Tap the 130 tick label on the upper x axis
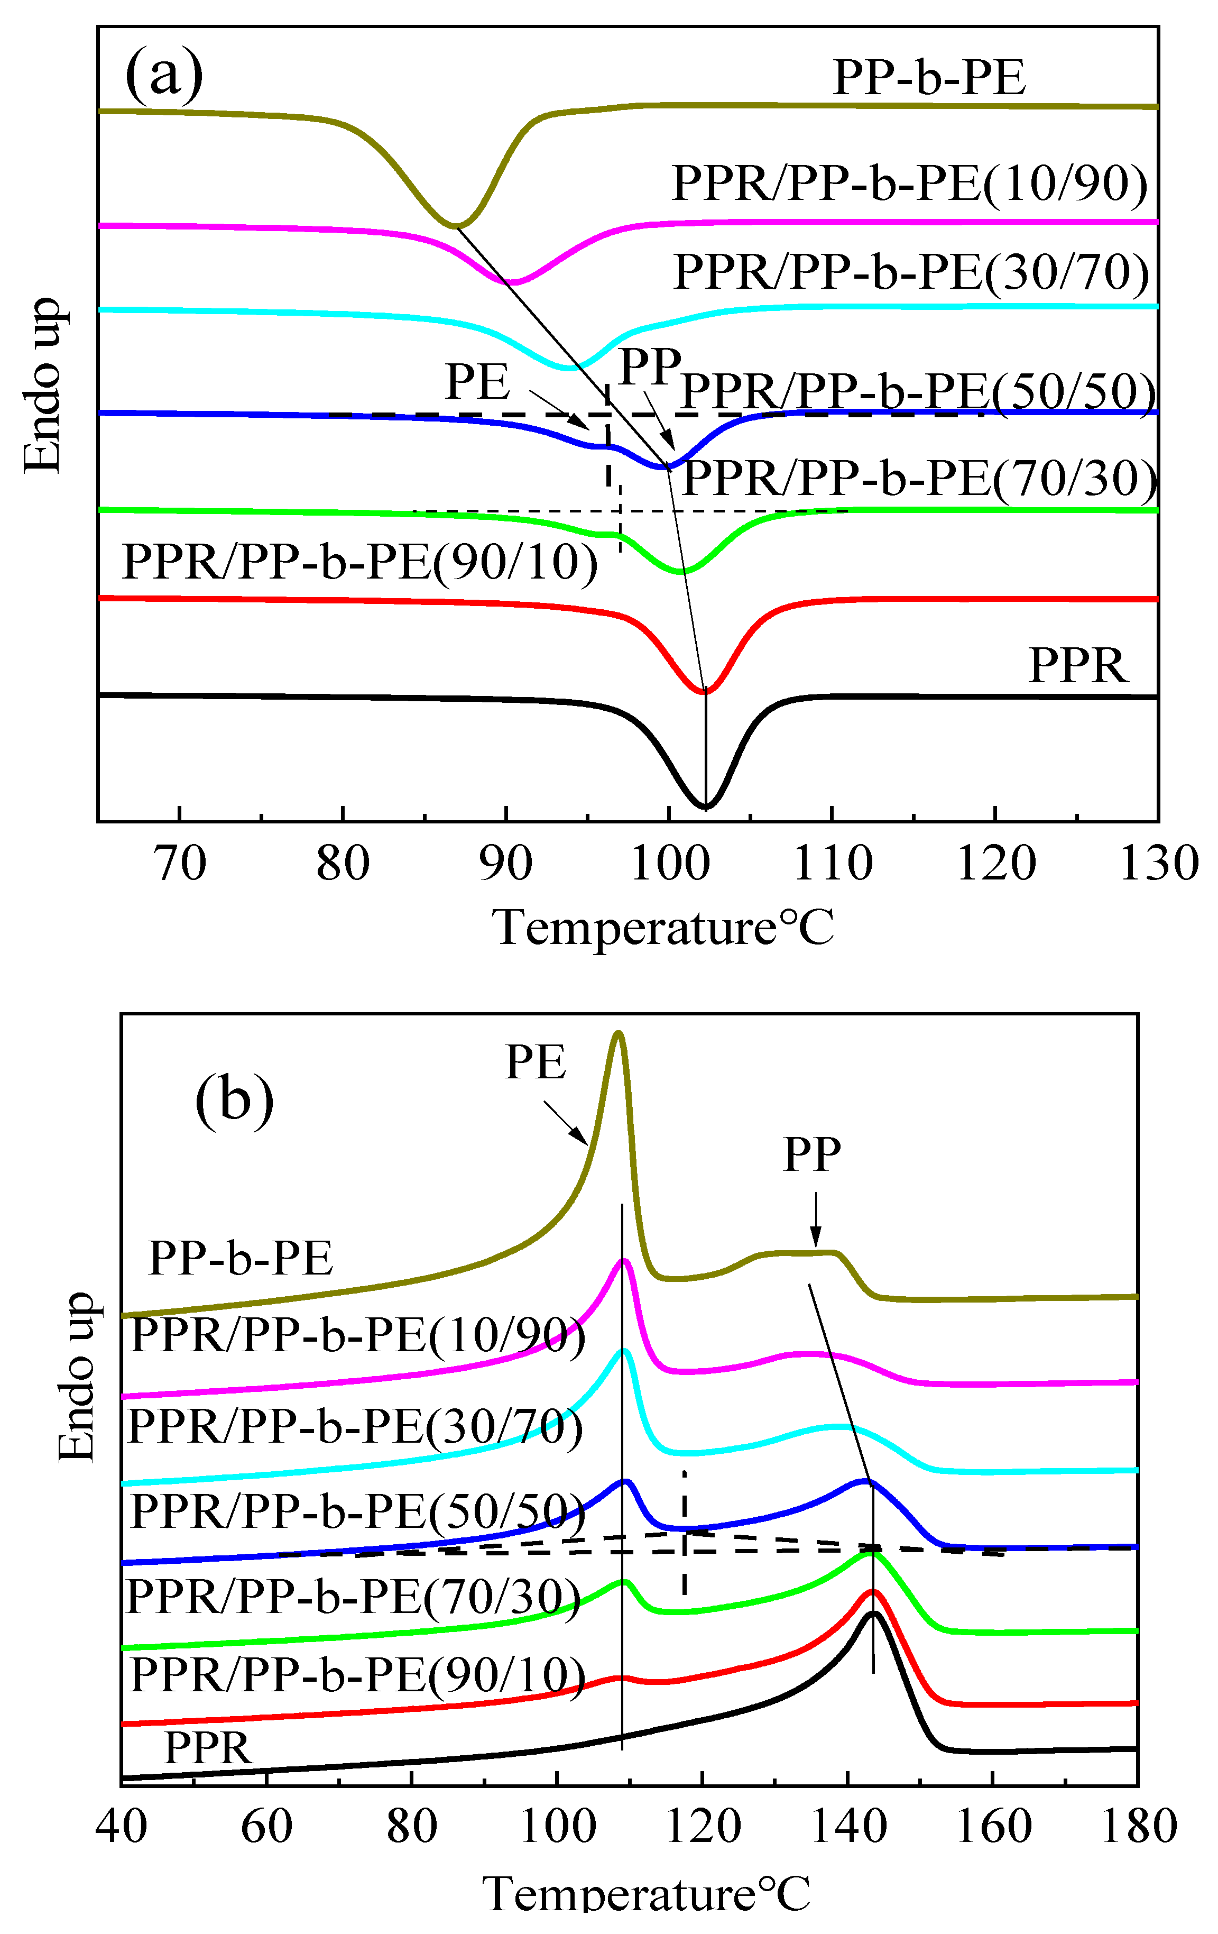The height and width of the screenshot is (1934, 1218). [x=1159, y=864]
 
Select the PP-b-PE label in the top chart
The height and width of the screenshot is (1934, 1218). [x=929, y=78]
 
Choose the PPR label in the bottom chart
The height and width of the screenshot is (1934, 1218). [x=208, y=1748]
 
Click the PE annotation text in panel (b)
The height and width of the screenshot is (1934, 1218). [x=536, y=1062]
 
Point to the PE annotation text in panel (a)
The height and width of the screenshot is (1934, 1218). [x=478, y=381]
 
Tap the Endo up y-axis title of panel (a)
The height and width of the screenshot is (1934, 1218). [x=42, y=386]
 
